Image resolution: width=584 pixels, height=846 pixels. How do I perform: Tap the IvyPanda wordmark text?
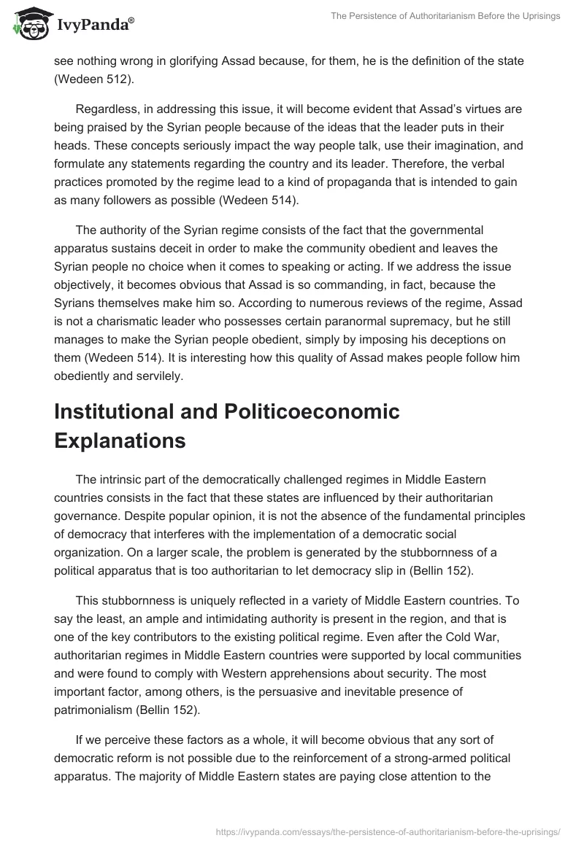pos(95,26)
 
